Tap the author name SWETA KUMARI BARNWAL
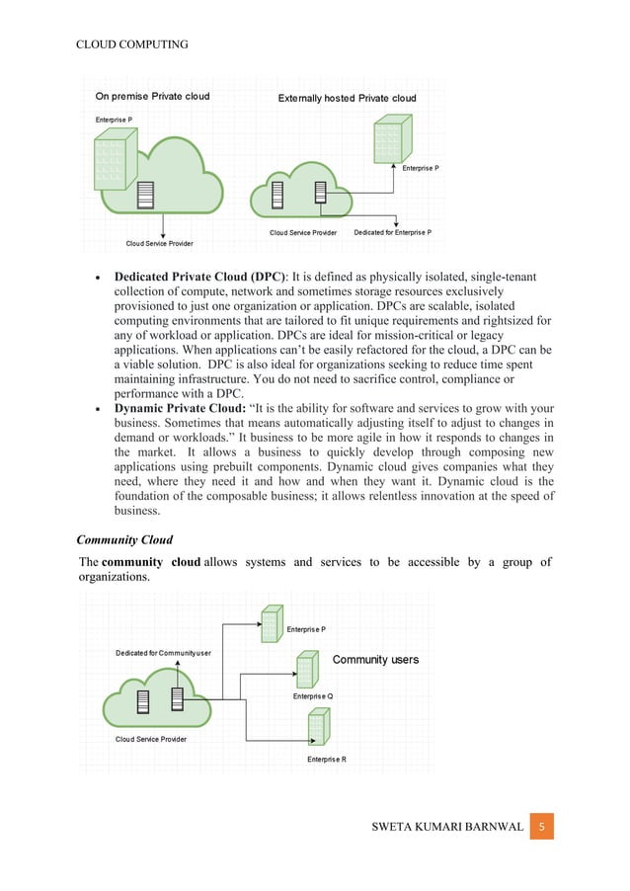point(434,826)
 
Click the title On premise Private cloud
point(152,97)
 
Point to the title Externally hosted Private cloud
point(347,98)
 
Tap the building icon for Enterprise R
point(318,726)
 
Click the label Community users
point(375,659)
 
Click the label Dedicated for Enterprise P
point(392,233)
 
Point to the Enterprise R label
point(326,759)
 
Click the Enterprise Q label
point(313,696)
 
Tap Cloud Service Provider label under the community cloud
point(150,739)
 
